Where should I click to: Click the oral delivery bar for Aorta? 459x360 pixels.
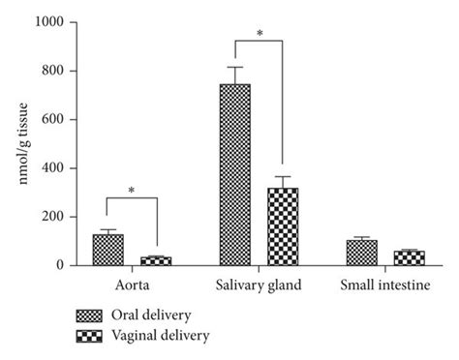coord(107,250)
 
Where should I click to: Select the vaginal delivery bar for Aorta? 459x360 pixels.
coord(155,260)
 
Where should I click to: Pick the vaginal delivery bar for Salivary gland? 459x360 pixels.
coord(283,226)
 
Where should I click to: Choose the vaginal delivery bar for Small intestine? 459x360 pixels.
coord(409,257)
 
